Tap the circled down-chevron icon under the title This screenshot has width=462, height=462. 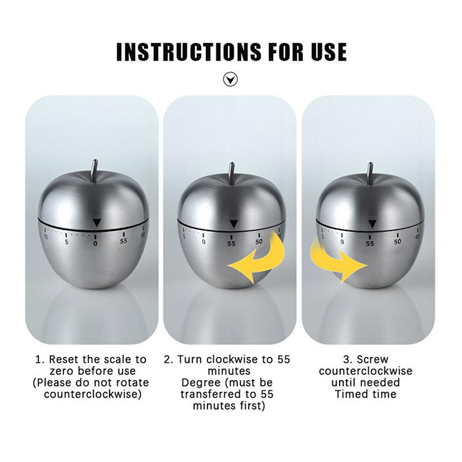coord(230,80)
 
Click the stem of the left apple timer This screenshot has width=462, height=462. coord(95,170)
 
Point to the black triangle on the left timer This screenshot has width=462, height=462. coord(96,222)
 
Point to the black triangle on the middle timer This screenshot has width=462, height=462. coord(233,224)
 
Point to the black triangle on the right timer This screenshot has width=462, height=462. coord(372,224)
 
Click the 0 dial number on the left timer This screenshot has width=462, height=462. coord(95,244)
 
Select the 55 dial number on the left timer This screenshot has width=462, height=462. coord(124,241)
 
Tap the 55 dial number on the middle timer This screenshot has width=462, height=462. coord(232,244)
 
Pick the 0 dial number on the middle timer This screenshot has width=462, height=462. coord(203,242)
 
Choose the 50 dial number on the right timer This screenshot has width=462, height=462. coord(397,241)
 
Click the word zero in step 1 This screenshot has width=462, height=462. coord(61,371)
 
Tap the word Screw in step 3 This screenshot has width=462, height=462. coord(372,359)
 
